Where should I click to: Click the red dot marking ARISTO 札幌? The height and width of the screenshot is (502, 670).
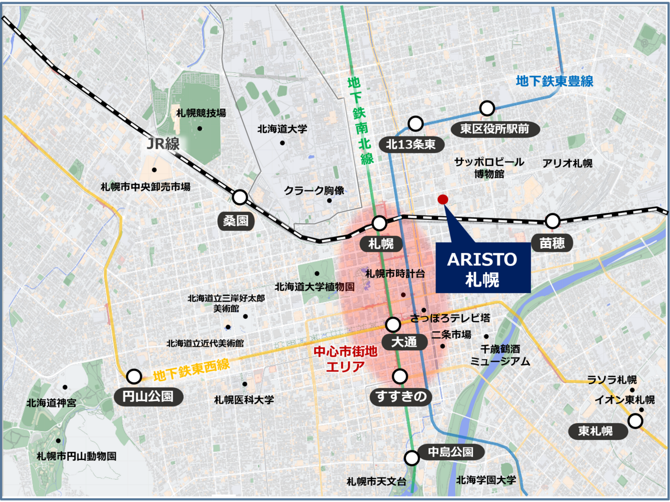(x=443, y=199)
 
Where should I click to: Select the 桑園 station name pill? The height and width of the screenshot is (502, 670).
(x=236, y=221)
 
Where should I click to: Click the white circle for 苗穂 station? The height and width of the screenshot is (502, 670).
(x=553, y=221)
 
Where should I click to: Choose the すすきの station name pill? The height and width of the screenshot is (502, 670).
(x=401, y=396)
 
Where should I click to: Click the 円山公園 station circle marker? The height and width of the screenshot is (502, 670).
(x=134, y=376)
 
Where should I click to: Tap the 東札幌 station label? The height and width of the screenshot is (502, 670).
(x=595, y=431)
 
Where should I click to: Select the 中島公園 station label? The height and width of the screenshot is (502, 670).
(x=451, y=452)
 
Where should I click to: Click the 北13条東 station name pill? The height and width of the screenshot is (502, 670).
(x=414, y=145)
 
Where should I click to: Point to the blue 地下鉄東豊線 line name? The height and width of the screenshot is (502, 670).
(x=554, y=82)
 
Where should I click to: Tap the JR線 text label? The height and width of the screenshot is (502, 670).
(x=162, y=144)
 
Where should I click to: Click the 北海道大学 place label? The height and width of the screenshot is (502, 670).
(x=283, y=129)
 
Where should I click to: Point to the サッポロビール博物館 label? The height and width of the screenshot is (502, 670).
(x=489, y=168)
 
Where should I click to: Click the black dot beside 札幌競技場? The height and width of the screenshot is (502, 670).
(x=200, y=128)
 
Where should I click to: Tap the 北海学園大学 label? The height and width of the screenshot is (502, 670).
(x=486, y=480)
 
